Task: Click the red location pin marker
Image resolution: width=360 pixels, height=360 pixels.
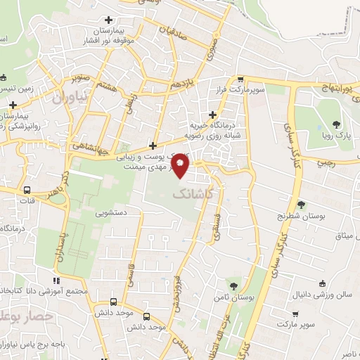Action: [181, 167]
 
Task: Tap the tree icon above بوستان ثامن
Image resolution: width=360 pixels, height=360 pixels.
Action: [233, 285]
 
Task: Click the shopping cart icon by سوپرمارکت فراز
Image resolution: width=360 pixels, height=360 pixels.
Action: [241, 79]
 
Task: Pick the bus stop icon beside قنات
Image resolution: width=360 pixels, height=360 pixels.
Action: [27, 190]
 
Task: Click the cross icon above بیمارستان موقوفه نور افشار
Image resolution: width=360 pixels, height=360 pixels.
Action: [108, 20]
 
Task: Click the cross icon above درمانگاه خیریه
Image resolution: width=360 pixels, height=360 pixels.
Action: [213, 115]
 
